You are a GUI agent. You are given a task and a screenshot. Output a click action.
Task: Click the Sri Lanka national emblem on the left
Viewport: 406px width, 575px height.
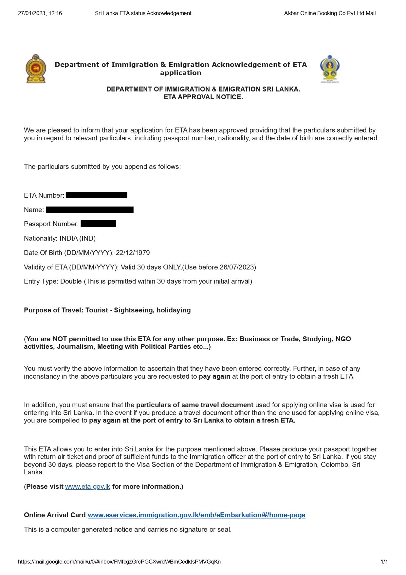click(36, 69)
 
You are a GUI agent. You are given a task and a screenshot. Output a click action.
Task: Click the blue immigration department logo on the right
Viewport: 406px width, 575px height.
click(329, 69)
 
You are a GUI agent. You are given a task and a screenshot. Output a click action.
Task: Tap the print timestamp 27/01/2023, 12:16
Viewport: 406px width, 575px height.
click(40, 13)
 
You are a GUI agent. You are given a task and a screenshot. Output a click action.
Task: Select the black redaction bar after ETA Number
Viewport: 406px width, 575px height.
click(96, 195)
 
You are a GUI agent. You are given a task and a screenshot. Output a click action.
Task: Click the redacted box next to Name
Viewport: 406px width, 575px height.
click(90, 210)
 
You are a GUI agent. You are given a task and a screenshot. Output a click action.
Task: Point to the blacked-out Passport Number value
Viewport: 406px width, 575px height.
click(98, 224)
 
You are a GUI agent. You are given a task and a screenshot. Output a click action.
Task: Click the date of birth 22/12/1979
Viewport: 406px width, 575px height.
click(133, 253)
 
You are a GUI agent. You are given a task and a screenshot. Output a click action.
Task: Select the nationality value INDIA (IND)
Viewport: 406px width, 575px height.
click(78, 238)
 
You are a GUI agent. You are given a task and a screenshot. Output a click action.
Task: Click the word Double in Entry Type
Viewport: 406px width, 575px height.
click(71, 281)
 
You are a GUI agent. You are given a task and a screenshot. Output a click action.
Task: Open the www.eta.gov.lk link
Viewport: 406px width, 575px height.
click(87, 486)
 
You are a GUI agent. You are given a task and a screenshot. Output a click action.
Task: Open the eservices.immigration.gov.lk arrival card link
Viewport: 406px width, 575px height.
click(196, 515)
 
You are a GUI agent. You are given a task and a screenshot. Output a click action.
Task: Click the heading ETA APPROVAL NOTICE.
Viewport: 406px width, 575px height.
click(203, 97)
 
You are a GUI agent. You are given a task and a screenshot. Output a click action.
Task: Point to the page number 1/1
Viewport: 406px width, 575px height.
click(384, 562)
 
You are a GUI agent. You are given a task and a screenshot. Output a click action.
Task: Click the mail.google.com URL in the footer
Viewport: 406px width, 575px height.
click(119, 562)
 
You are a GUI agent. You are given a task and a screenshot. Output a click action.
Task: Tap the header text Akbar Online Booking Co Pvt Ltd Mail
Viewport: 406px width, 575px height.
click(330, 13)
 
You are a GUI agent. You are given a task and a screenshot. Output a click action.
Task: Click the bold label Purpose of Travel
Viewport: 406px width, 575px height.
click(53, 310)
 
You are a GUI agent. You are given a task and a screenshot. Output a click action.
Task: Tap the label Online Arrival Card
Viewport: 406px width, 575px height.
click(55, 515)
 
